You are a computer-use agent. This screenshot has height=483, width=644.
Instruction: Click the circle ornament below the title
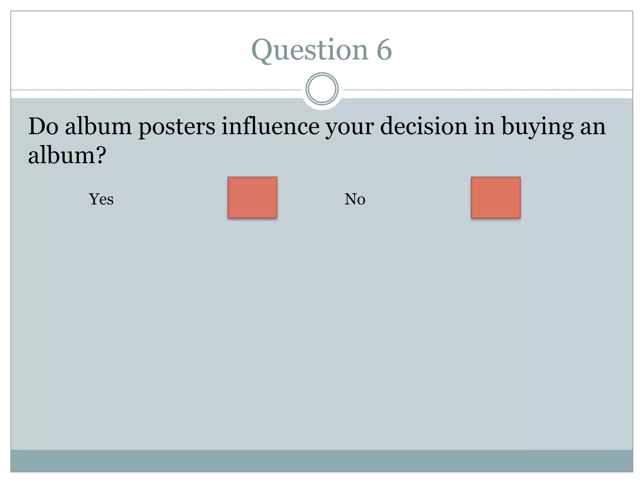tap(322, 89)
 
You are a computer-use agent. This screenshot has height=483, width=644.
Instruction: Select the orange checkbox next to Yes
tap(252, 197)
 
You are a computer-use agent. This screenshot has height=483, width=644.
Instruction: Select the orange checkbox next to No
tap(496, 197)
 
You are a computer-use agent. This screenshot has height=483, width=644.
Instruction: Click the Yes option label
tap(101, 199)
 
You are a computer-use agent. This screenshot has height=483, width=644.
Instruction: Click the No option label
tap(355, 199)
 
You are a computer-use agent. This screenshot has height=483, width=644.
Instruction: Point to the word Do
tap(43, 126)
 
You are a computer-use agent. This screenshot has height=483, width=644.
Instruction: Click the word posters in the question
tap(177, 127)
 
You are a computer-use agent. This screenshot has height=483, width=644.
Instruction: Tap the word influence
tap(270, 126)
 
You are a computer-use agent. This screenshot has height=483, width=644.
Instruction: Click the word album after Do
tap(98, 126)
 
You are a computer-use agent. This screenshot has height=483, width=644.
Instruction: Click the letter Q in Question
tap(262, 50)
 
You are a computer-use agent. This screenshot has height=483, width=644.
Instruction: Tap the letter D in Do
tap(37, 126)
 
